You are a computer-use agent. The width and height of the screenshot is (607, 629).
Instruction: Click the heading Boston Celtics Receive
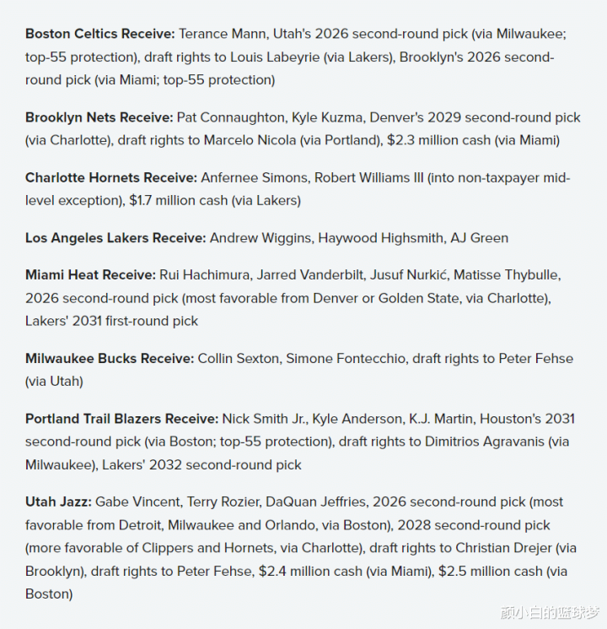[100, 34]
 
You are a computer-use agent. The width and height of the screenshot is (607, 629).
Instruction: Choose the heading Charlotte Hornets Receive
[111, 178]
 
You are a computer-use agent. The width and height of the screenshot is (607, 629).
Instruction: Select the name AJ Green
[478, 238]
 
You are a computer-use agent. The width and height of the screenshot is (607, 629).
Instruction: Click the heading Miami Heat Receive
[90, 275]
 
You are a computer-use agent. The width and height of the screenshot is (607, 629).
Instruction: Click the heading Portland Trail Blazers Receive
[121, 419]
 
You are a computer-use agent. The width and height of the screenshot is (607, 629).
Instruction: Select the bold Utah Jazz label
[58, 502]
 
